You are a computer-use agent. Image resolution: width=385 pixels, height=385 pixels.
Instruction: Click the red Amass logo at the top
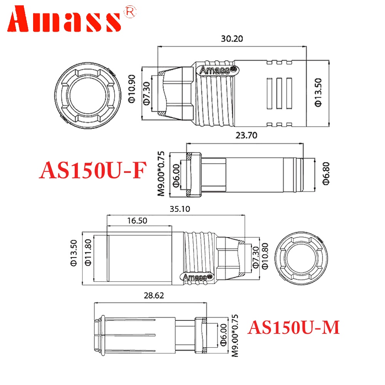pos(64,19)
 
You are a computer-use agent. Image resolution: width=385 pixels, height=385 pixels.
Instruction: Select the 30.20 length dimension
pos(232,38)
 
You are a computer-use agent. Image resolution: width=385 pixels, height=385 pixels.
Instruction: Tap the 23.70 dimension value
pos(246,135)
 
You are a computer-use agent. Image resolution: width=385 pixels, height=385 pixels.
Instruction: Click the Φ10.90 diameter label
pos(132,89)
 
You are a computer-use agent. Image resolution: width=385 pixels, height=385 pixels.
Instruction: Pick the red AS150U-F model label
pos(93,170)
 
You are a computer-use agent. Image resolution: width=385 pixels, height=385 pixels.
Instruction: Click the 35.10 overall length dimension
pos(180,209)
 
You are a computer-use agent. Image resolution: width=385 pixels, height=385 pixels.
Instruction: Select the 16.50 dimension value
pos(137,221)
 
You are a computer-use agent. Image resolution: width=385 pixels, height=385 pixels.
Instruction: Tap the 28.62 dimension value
pos(154,295)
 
